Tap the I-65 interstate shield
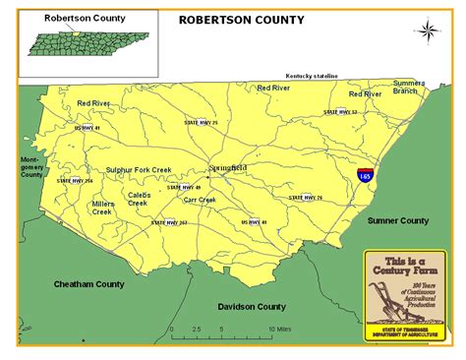tap(365, 175)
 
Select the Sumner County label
tap(398, 221)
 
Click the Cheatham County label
tap(88, 284)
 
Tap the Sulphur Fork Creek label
tap(139, 169)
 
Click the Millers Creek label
tap(103, 208)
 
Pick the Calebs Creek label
tap(138, 199)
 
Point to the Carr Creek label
tap(200, 200)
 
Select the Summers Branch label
tap(408, 87)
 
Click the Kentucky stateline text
tap(312, 75)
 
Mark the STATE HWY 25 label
tap(201, 122)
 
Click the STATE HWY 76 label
tap(305, 198)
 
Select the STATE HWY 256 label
tap(74, 181)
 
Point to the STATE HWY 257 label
tap(169, 223)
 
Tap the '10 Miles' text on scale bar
tap(277, 329)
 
